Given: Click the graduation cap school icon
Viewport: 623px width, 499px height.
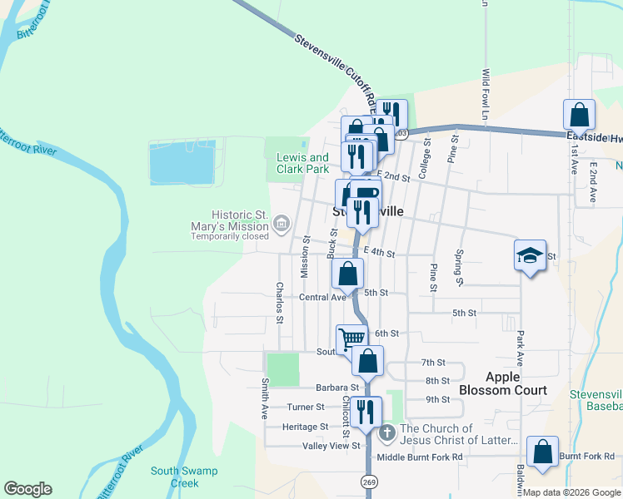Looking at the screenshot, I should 530,254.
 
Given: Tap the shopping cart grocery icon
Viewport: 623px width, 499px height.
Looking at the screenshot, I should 351,338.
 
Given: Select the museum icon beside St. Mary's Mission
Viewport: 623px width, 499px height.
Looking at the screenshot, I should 281,223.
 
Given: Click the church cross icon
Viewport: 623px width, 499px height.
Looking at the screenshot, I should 386,432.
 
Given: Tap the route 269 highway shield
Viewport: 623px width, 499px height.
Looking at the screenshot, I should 368,482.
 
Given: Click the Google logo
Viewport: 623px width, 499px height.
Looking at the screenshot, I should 27,489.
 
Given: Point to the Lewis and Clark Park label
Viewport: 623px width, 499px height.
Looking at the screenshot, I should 302,163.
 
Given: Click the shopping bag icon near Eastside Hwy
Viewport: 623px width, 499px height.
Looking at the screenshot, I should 579,115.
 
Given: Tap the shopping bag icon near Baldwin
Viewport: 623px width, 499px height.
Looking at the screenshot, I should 543,452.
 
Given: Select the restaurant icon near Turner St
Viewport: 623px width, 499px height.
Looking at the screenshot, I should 365,411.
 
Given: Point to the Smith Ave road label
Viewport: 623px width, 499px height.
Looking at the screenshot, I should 265,398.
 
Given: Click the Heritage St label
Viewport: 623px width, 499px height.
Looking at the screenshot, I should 305,427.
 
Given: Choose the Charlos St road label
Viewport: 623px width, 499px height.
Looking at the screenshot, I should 280,303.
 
